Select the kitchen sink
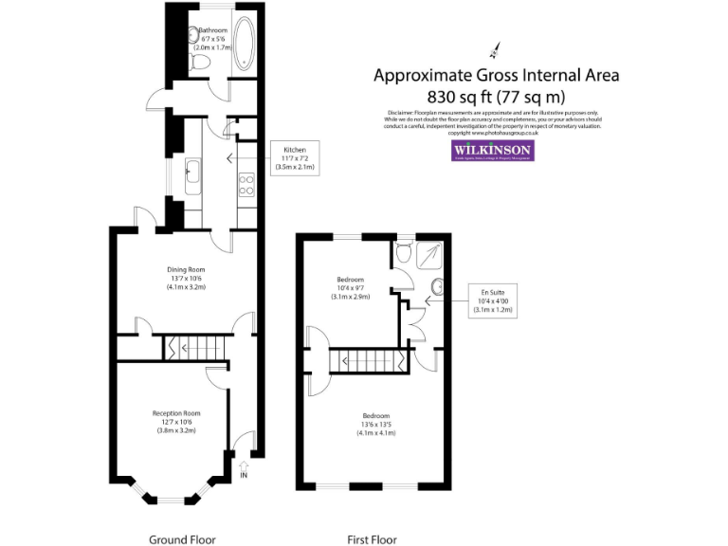(192, 173)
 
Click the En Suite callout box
(492, 300)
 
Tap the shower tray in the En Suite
(431, 254)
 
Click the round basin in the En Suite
(439, 287)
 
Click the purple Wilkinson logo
(491, 151)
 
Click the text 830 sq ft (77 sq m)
(496, 95)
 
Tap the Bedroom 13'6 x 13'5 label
(375, 424)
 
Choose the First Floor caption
(371, 539)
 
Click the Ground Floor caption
(182, 539)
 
